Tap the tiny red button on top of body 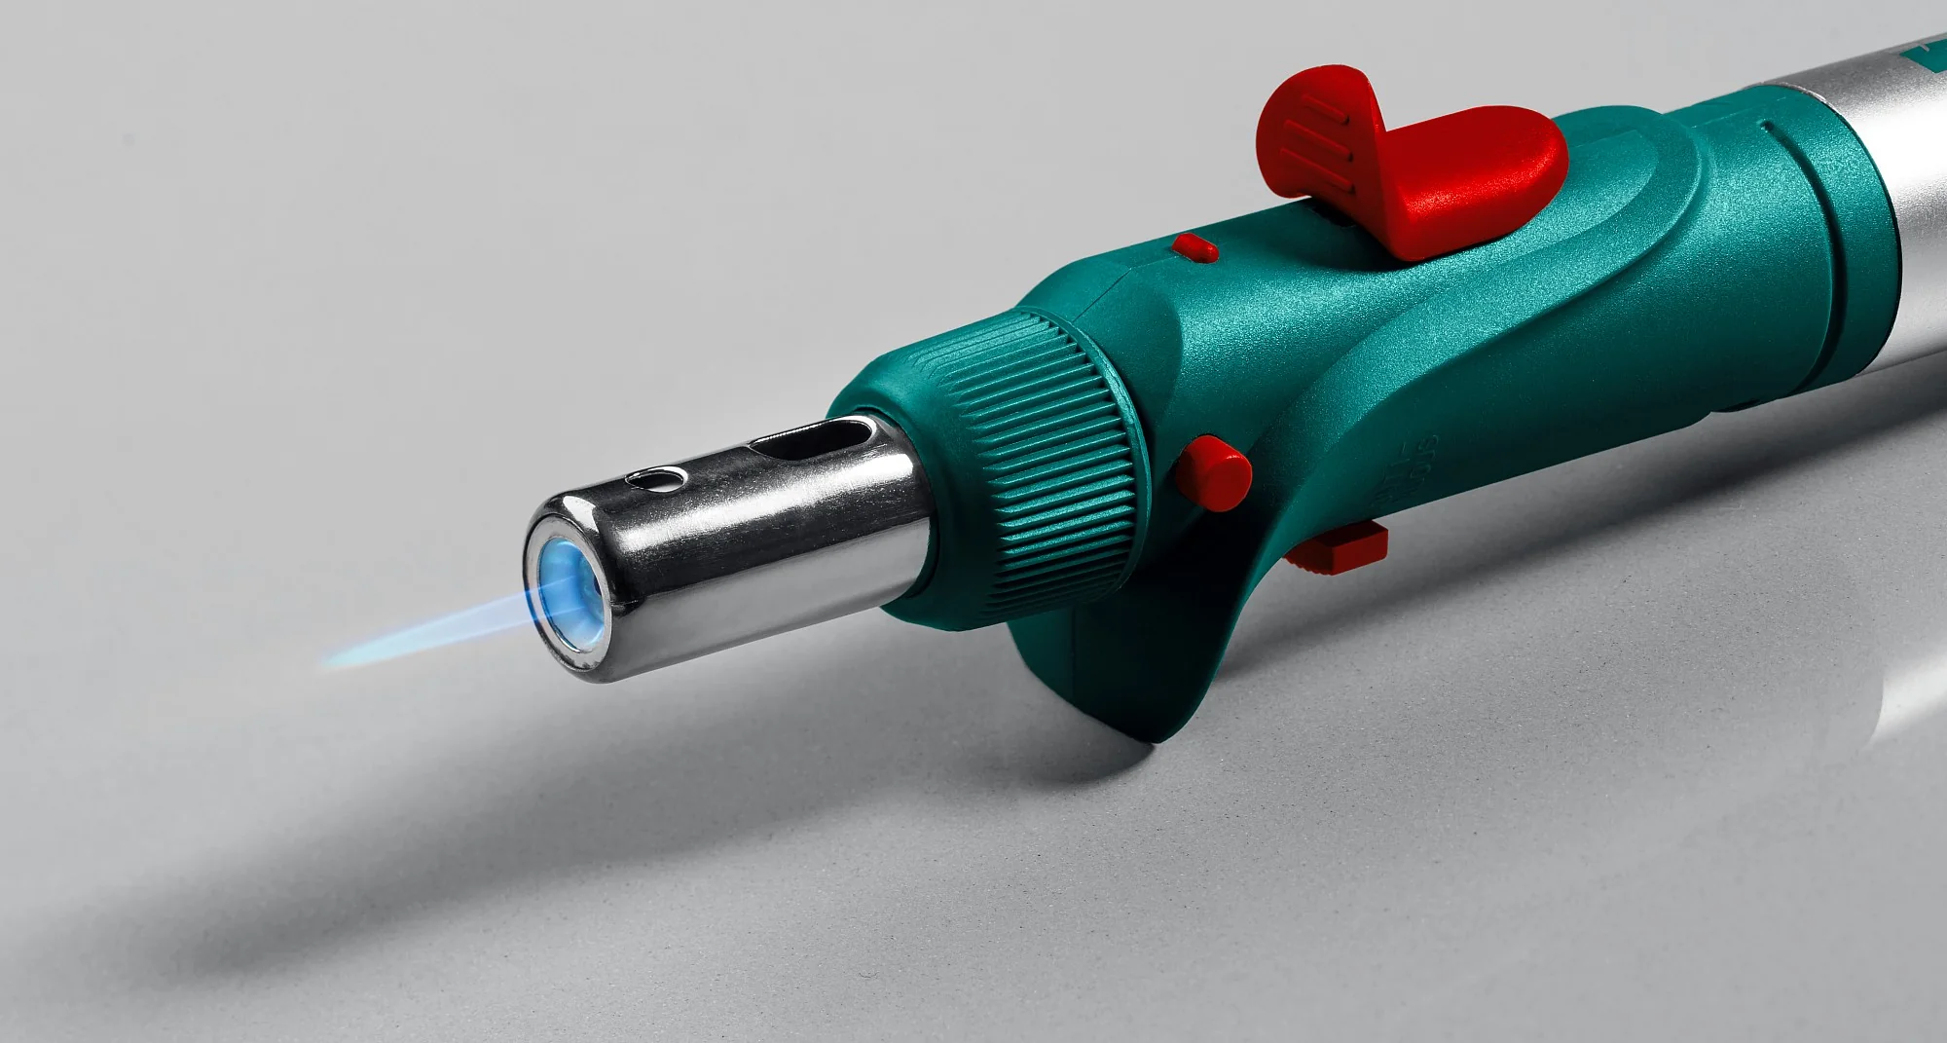[1194, 247]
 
